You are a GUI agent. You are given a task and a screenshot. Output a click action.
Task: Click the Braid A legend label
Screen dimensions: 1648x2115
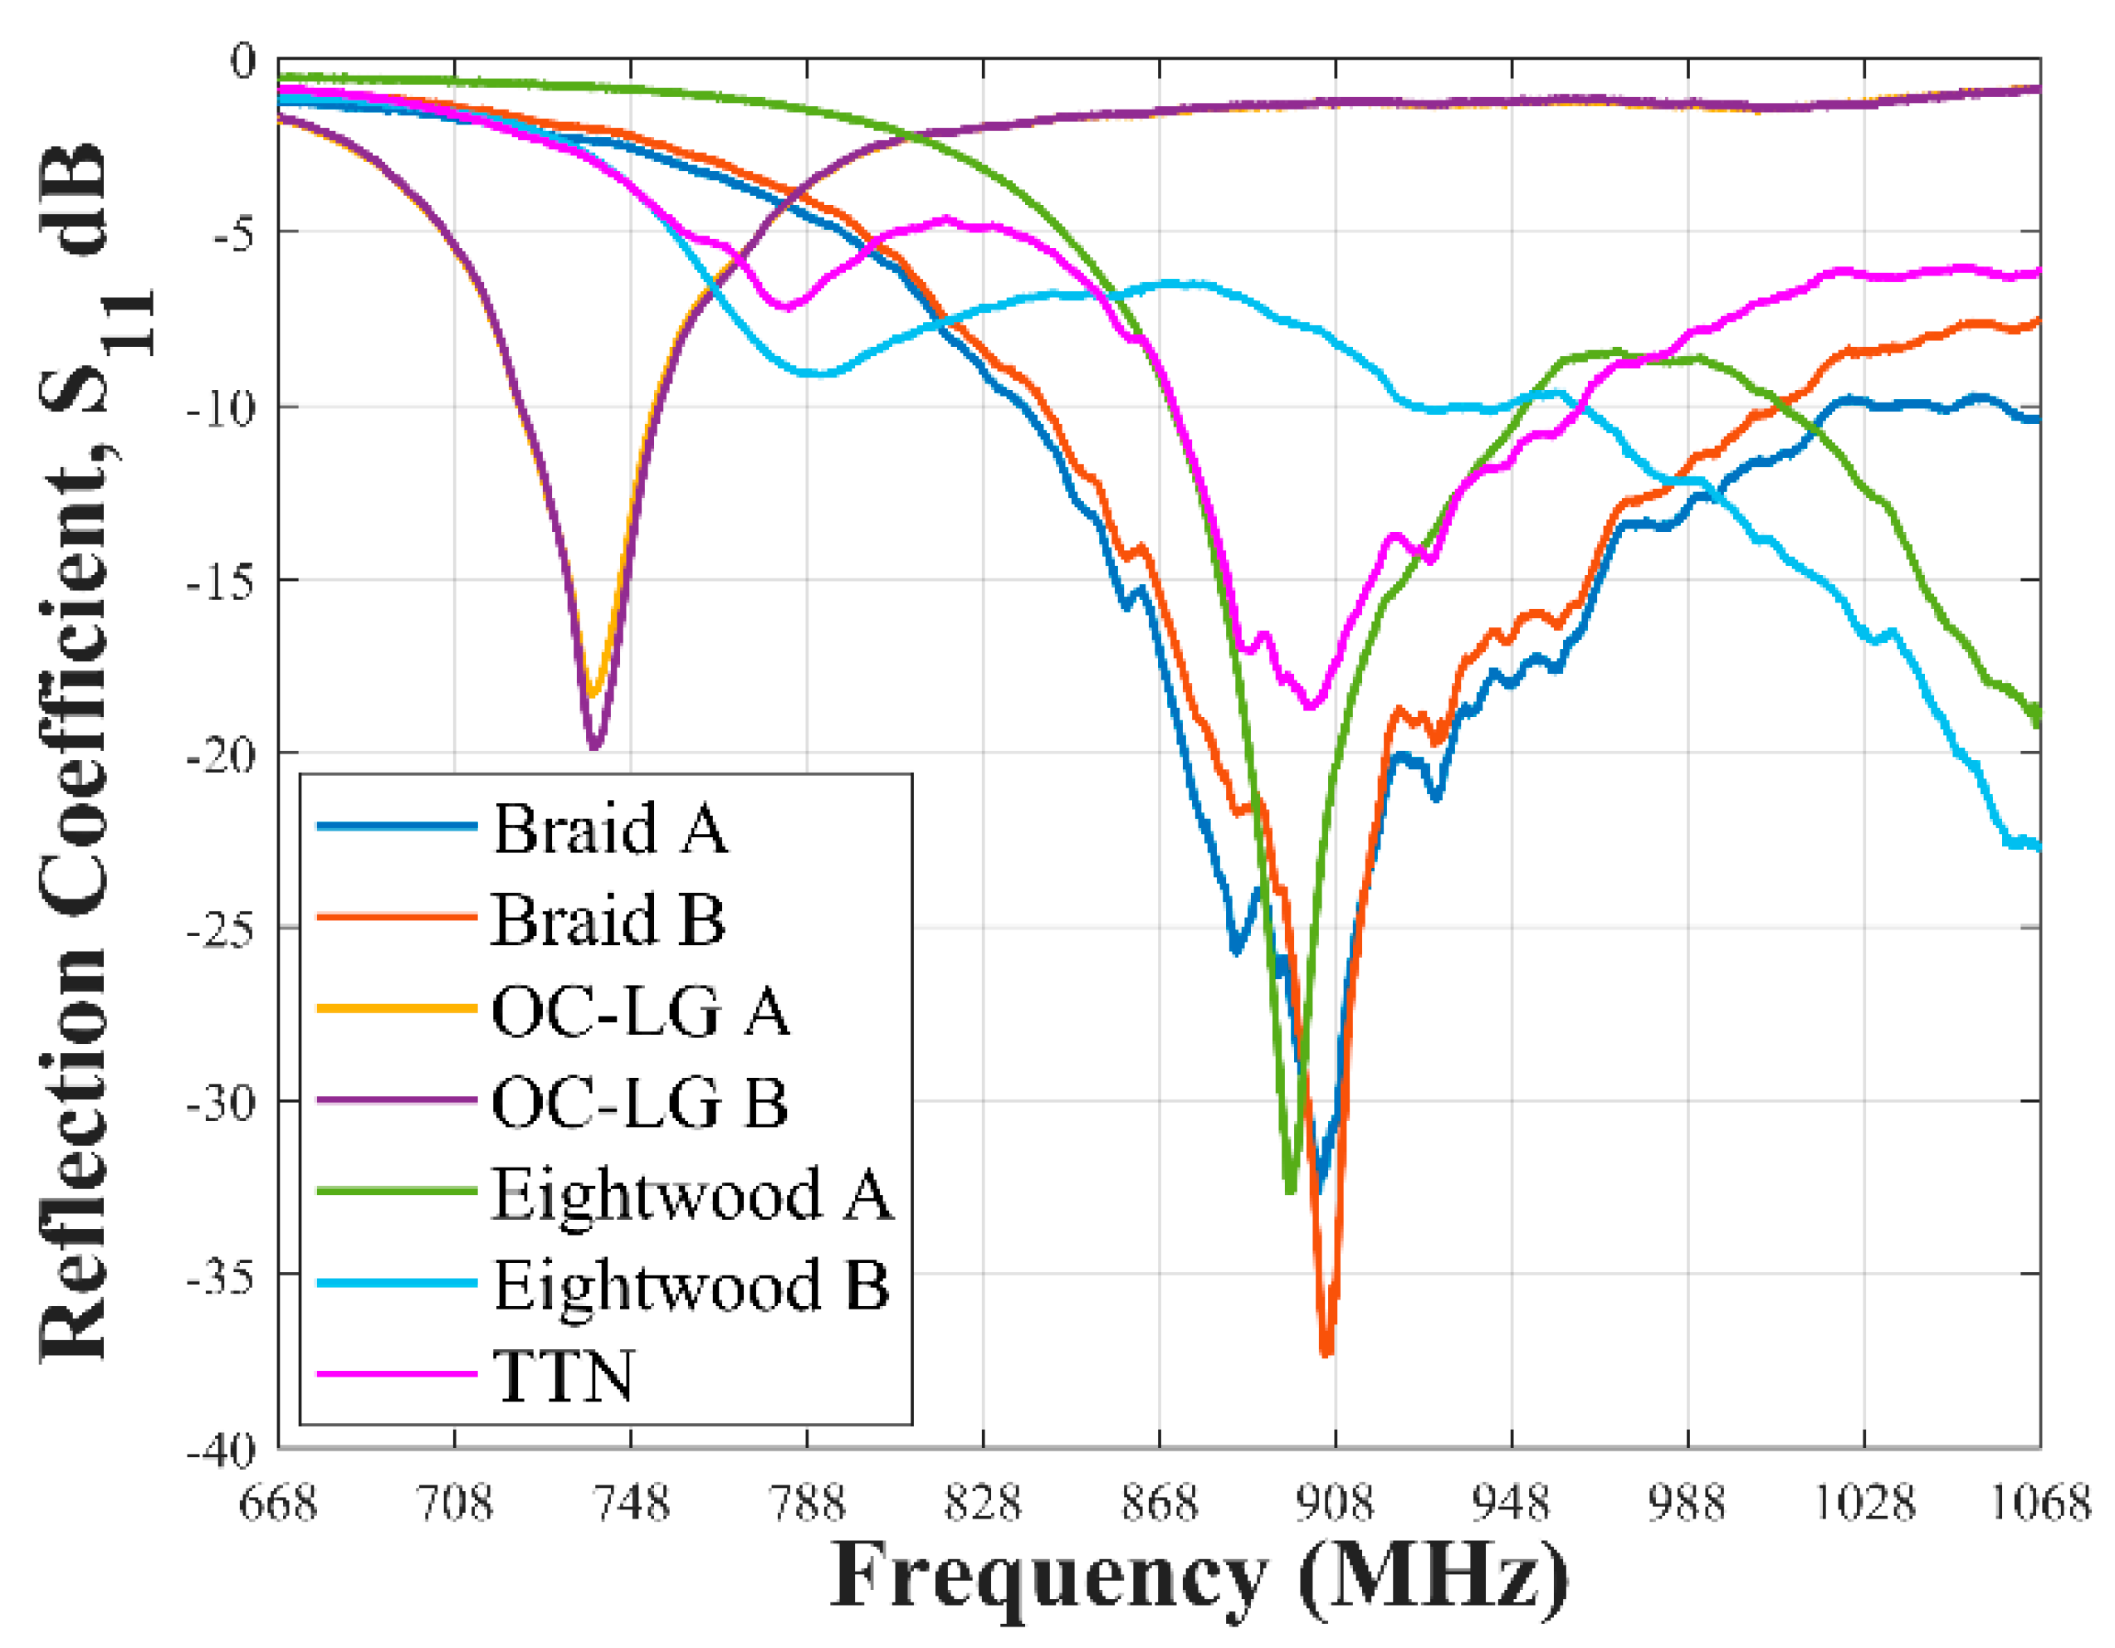pyautogui.click(x=610, y=830)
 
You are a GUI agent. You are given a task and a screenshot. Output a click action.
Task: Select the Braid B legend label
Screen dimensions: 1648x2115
pyautogui.click(x=608, y=921)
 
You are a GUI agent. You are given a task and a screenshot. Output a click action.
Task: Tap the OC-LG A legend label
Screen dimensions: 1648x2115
pyautogui.click(x=640, y=1013)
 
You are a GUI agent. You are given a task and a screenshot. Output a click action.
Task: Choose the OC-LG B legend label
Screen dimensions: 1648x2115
pyautogui.click(x=639, y=1104)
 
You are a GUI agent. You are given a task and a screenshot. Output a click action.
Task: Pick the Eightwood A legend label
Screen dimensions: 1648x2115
pyautogui.click(x=691, y=1195)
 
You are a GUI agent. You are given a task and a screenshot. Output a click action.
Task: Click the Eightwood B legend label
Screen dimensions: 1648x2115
pyautogui.click(x=691, y=1287)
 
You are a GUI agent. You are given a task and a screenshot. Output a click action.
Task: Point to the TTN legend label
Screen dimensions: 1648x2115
pyautogui.click(x=564, y=1377)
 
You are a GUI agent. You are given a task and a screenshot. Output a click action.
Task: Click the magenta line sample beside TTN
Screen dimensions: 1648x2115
pyautogui.click(x=397, y=1375)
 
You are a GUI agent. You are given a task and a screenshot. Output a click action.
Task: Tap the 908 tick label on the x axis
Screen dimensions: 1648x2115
pyautogui.click(x=1335, y=1504)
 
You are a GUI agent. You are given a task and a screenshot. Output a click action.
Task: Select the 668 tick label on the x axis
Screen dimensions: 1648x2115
pyautogui.click(x=278, y=1504)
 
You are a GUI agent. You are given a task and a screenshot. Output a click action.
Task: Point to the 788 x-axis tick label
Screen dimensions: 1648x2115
pyautogui.click(x=807, y=1504)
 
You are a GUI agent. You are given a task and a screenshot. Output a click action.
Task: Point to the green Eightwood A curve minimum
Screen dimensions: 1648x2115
pyautogui.click(x=1290, y=1191)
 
